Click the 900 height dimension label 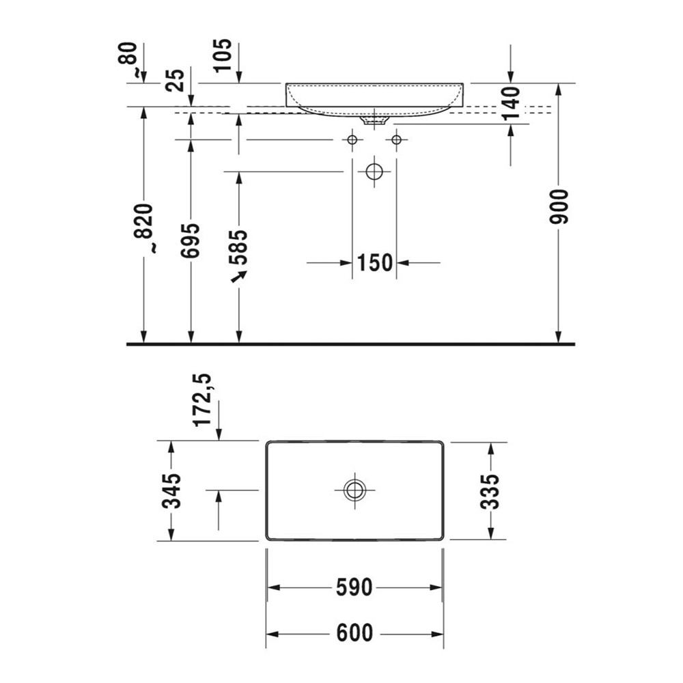pyautogui.click(x=559, y=206)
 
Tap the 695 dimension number pyautogui.click(x=191, y=240)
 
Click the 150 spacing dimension pyautogui.click(x=374, y=262)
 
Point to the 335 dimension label pyautogui.click(x=490, y=491)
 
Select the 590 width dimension pyautogui.click(x=354, y=587)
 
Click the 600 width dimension pyautogui.click(x=354, y=634)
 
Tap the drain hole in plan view pyautogui.click(x=354, y=490)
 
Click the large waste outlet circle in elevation pyautogui.click(x=374, y=171)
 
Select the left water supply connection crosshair pyautogui.click(x=352, y=140)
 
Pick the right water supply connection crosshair pyautogui.click(x=396, y=140)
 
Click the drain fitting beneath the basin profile pyautogui.click(x=374, y=120)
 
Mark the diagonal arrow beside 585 pyautogui.click(x=238, y=276)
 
